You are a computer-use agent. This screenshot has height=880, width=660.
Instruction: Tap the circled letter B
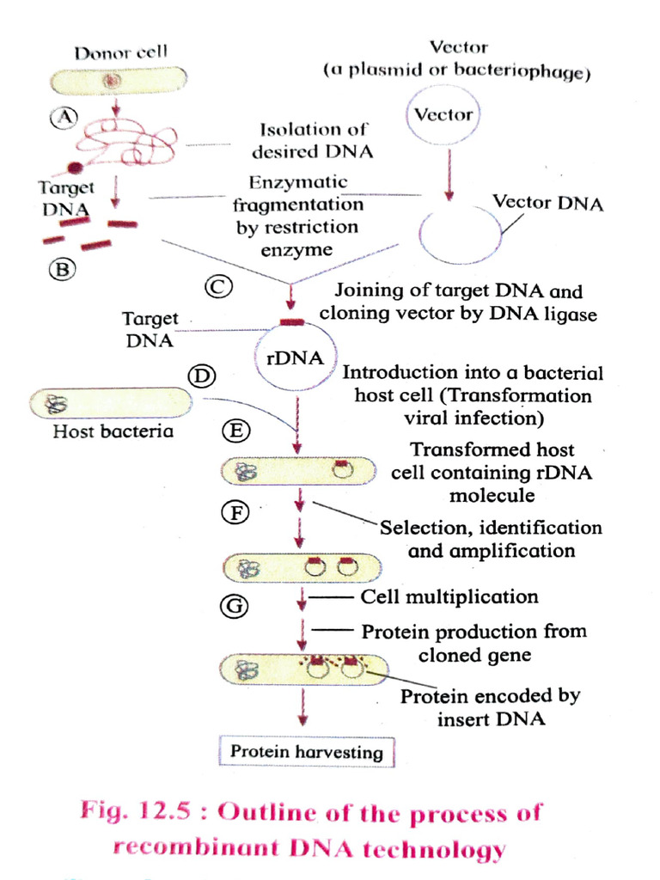62,270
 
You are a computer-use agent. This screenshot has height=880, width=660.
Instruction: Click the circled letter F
235,514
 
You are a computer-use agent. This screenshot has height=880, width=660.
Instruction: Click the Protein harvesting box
306,752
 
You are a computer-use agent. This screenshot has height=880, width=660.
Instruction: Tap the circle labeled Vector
444,115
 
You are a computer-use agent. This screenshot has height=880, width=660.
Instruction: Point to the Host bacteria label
113,431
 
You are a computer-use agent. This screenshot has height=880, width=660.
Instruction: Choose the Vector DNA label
547,204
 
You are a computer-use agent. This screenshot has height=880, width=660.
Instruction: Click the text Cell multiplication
449,596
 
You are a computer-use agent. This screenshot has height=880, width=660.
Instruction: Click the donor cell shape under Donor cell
114,82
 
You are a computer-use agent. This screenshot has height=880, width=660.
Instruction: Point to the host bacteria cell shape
109,402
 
